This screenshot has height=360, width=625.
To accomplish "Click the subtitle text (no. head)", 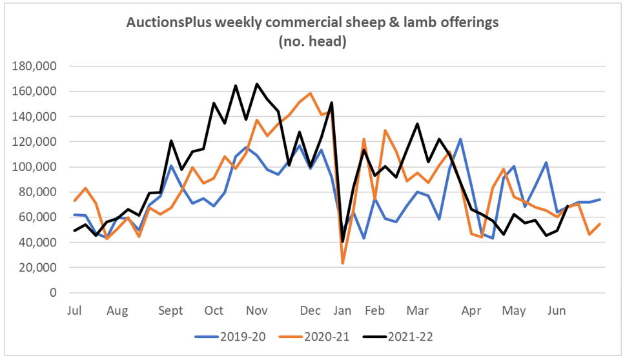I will pyautogui.click(x=312, y=42).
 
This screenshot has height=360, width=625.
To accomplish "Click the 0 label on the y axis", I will pyautogui.click(x=54, y=293).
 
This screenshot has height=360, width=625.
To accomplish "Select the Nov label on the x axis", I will pyautogui.click(x=257, y=311).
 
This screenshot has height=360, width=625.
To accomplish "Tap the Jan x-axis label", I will pyautogui.click(x=342, y=311).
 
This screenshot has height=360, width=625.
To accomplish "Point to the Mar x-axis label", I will pyautogui.click(x=417, y=311).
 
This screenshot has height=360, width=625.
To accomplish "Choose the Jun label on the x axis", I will pyautogui.click(x=556, y=311).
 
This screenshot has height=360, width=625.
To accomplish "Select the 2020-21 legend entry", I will pyautogui.click(x=312, y=337).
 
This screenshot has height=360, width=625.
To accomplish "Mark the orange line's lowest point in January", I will pyautogui.click(x=343, y=263).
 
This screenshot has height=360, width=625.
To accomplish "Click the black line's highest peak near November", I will pyautogui.click(x=257, y=84).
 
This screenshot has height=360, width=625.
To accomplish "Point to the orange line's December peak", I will pyautogui.click(x=311, y=94).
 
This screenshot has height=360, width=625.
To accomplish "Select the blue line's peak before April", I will pyautogui.click(x=460, y=139).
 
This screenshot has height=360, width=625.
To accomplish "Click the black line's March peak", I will pyautogui.click(x=418, y=124).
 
